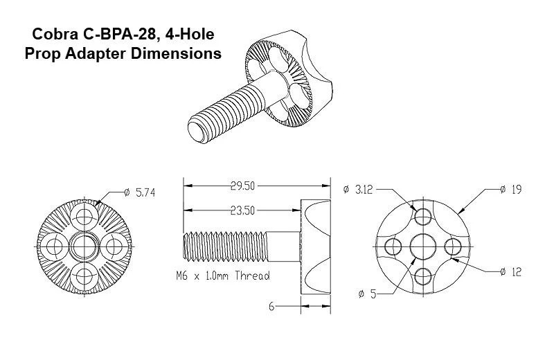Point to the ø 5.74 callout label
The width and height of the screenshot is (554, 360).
click(138, 193)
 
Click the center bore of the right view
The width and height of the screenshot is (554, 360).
click(422, 246)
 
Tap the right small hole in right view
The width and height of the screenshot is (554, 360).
click(454, 246)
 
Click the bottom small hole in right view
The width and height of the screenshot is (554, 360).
click(422, 278)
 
